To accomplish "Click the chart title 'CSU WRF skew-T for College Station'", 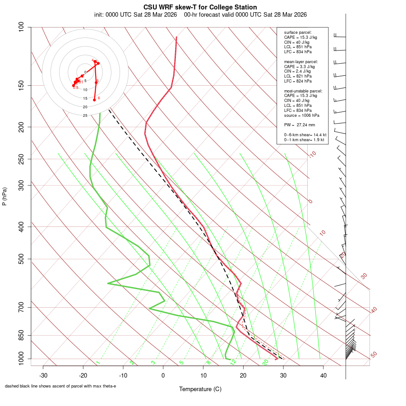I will (x=200, y=7).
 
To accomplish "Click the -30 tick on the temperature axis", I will (x=43, y=375).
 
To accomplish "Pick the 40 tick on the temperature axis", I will (x=323, y=375).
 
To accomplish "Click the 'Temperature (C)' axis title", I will (x=200, y=389).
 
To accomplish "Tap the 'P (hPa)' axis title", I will (x=5, y=197).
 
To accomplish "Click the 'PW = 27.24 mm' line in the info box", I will (x=300, y=125).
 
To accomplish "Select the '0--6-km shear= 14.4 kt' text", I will (x=305, y=135).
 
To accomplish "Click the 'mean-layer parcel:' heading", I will (x=301, y=61).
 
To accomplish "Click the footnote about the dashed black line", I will (x=60, y=386).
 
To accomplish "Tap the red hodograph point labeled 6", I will (x=95, y=100).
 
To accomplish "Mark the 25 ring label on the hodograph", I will (x=85, y=115).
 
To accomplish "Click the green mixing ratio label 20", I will (x=265, y=362).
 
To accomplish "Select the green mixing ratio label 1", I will (x=97, y=363).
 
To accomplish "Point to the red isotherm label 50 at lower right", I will (x=374, y=355).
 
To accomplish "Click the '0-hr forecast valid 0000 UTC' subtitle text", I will (x=246, y=14).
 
